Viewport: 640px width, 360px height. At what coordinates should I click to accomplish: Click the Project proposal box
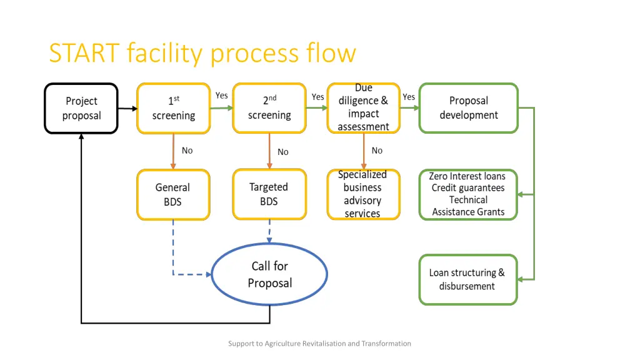point(81,108)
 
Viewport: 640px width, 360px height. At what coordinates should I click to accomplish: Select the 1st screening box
point(173,108)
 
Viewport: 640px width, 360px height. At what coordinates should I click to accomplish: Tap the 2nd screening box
point(269,108)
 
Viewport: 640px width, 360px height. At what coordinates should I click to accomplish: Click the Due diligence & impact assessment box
point(363,108)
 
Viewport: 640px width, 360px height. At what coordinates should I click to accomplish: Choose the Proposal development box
point(468,108)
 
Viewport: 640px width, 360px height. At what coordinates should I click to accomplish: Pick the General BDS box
point(173,194)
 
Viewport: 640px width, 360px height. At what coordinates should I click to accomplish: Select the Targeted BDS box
point(269,194)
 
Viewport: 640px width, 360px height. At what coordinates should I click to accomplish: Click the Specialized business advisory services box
point(363,194)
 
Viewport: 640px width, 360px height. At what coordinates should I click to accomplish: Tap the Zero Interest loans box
point(468,194)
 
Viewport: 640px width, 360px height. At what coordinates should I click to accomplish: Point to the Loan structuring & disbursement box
point(468,279)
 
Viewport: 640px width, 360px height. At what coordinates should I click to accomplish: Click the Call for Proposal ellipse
point(269,274)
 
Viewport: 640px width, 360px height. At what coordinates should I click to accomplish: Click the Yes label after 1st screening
point(221,96)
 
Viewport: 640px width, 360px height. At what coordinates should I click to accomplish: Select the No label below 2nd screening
point(283,152)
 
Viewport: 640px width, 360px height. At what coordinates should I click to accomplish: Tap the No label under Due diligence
point(377,151)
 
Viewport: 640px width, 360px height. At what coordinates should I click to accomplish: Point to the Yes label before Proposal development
point(409,97)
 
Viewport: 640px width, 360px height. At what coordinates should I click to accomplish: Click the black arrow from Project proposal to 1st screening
point(127,109)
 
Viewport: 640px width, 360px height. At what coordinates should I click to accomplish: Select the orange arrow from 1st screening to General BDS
point(173,151)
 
